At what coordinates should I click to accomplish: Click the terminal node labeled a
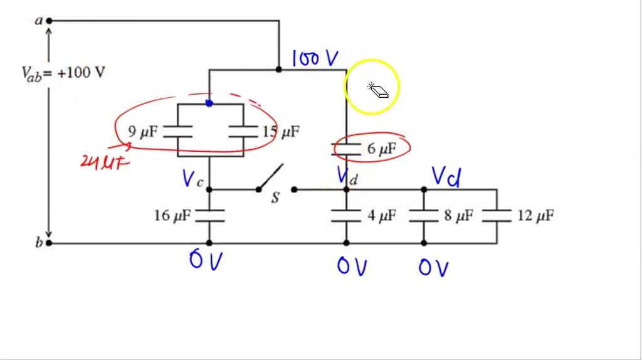point(49,21)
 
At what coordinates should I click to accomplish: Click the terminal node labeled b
point(49,243)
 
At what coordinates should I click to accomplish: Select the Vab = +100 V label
point(63,73)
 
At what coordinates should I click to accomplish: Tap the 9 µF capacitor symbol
point(178,131)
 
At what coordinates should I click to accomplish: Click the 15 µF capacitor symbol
point(243,131)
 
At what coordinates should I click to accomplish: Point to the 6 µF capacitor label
point(382,149)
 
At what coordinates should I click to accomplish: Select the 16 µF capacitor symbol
point(209,216)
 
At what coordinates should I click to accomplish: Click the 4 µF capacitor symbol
point(346,216)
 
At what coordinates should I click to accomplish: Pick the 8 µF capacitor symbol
point(423,216)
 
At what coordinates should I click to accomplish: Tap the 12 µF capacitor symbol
point(497,216)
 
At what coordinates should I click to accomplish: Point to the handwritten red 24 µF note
point(105,162)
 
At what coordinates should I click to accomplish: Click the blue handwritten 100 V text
point(315,59)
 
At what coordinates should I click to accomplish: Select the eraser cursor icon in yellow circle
point(379,90)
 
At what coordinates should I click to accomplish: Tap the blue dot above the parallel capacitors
point(209,103)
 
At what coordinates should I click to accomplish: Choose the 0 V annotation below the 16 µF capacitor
point(205,260)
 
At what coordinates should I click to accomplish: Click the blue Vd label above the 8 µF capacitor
point(446,177)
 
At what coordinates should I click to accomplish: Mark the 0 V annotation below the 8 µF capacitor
point(433,268)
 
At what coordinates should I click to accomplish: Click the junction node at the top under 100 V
point(279,69)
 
